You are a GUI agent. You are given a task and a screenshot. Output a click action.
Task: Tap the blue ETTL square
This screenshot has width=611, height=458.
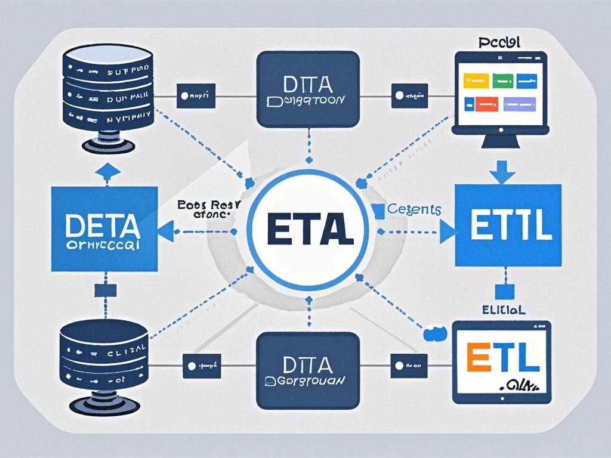[x=508, y=225]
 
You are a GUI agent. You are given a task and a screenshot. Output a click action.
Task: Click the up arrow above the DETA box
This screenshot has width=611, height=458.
[x=107, y=172]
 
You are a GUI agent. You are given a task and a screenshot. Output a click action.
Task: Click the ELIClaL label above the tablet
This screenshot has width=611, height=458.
[x=504, y=310]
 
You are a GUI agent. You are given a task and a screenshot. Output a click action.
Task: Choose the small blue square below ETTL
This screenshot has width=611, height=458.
[x=505, y=291]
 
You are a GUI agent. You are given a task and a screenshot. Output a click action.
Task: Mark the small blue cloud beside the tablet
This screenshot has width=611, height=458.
[x=435, y=333]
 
